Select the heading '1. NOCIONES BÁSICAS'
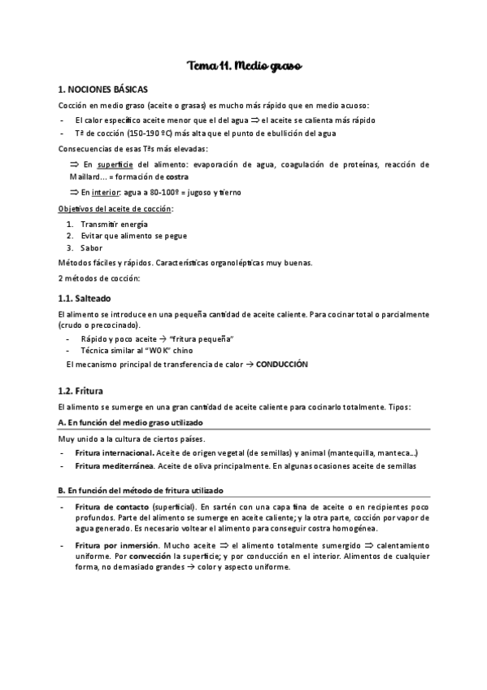coord(102,89)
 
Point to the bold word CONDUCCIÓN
coord(282,365)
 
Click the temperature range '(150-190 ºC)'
coord(152,133)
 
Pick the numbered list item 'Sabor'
coord(92,247)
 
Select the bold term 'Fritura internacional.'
coord(114,452)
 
